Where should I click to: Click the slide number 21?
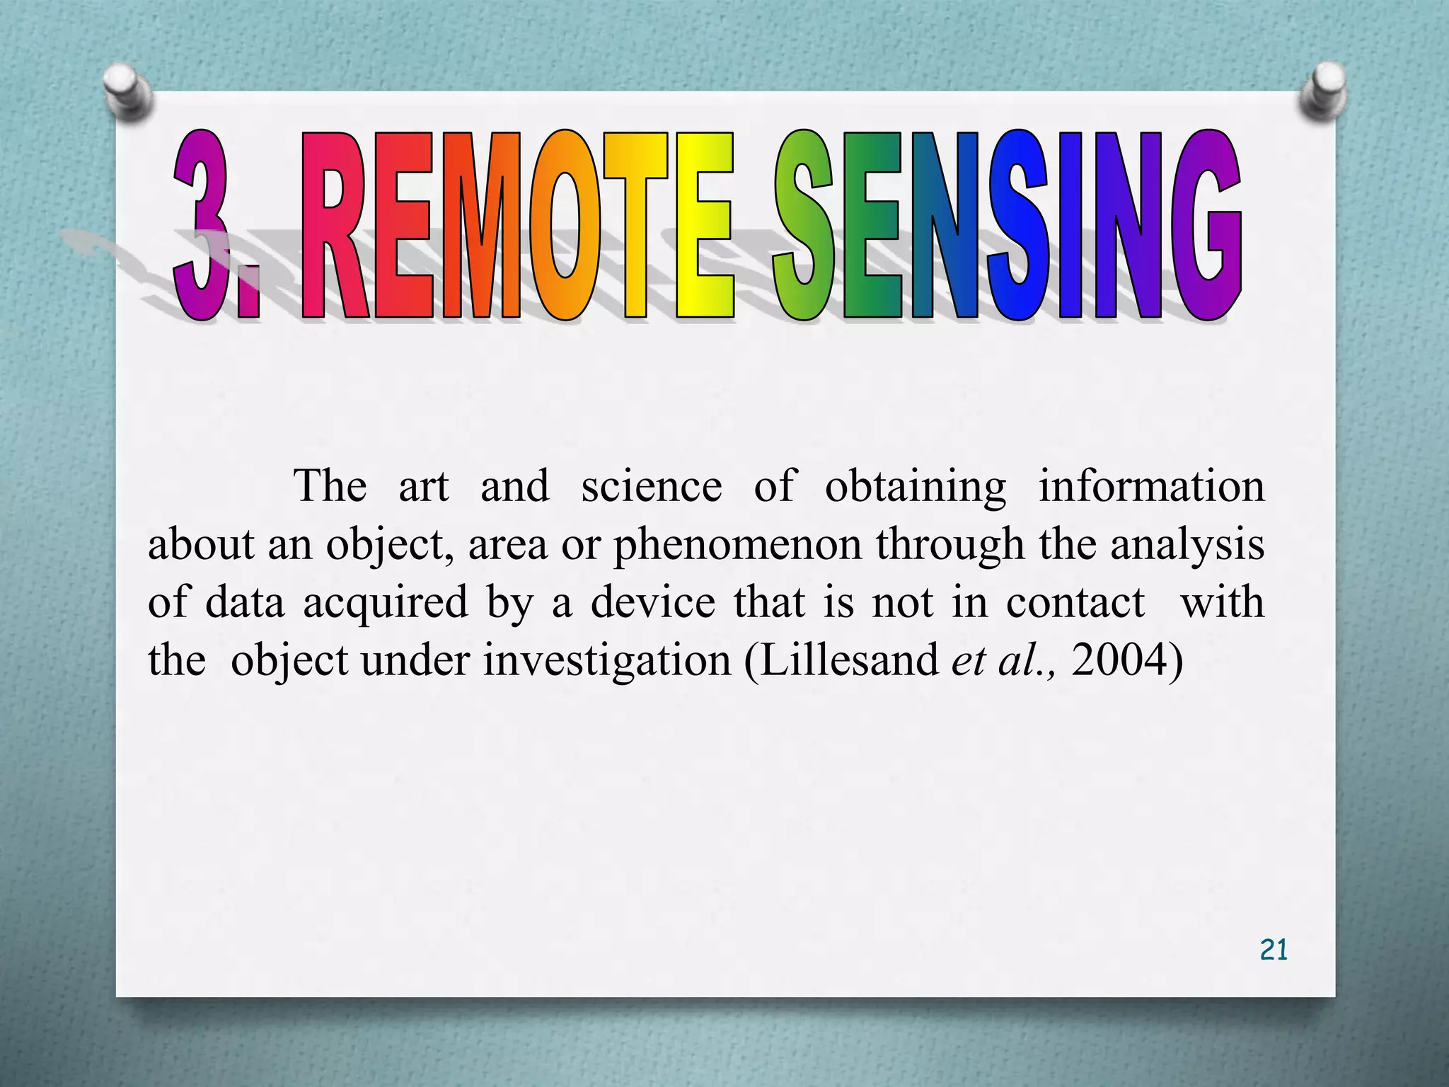click(1274, 949)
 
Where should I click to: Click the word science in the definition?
click(651, 486)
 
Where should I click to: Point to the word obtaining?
click(916, 488)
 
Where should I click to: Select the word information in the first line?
click(1151, 486)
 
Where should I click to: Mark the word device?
click(653, 602)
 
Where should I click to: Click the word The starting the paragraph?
click(330, 486)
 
